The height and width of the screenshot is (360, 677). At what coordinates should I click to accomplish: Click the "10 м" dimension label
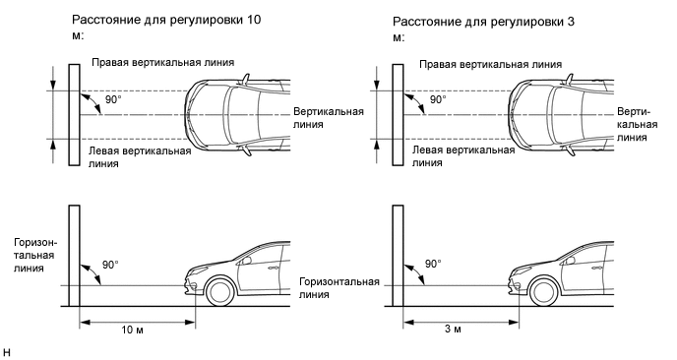(x=132, y=330)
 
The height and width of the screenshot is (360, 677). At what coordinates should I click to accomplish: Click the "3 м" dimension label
(x=453, y=329)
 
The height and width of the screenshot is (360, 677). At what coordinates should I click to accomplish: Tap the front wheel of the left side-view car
(x=220, y=291)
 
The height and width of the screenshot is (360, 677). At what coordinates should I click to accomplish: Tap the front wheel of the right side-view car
(x=544, y=291)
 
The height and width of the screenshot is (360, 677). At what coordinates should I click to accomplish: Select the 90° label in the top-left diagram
(x=113, y=99)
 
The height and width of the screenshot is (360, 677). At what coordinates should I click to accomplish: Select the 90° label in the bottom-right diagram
(x=433, y=264)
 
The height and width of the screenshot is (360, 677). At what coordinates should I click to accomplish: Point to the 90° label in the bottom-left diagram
(x=110, y=265)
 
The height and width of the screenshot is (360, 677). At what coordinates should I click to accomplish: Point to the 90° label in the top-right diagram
(x=438, y=99)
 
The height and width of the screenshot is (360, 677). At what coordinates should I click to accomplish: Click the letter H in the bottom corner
(x=7, y=352)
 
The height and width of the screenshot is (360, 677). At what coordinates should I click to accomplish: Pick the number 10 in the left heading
(x=254, y=20)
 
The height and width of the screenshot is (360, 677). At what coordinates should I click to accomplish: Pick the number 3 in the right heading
(x=571, y=22)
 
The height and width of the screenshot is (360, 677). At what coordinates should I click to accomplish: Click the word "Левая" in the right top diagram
(x=427, y=150)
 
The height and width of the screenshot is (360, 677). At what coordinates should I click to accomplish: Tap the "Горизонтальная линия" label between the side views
(x=339, y=288)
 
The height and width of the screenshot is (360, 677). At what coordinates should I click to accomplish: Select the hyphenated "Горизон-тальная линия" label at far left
(x=35, y=255)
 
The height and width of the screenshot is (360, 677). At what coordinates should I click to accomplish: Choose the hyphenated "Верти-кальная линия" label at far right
(x=637, y=124)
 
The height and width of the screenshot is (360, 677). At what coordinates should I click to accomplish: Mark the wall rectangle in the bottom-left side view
(x=74, y=256)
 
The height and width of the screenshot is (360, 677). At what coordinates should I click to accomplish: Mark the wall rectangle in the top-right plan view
(x=398, y=115)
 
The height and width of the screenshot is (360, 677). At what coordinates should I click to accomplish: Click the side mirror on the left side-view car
(x=247, y=261)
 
